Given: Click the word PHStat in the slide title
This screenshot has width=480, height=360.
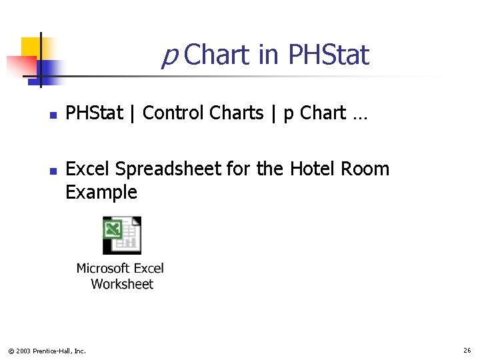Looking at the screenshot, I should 328,55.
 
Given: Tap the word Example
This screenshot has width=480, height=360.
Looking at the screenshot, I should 101,193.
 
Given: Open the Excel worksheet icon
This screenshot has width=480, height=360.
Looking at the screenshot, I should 121,235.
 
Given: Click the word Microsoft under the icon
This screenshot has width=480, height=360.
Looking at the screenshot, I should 103,269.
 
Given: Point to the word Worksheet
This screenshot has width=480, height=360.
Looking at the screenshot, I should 122,284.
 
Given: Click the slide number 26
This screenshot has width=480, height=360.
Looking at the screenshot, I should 467,350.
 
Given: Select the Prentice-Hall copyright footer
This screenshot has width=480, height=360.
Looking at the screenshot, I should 46,351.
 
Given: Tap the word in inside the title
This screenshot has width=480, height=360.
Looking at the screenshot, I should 268,55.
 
